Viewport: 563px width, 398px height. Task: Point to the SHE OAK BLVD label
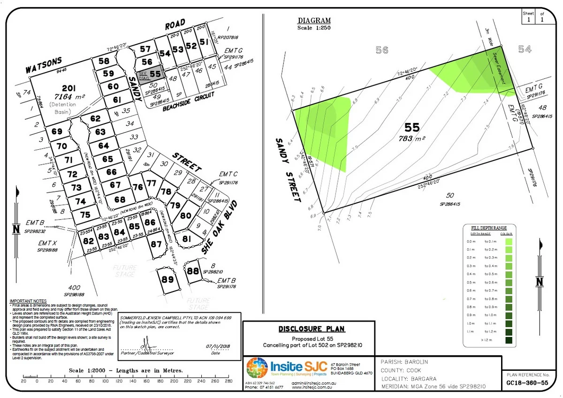pos(220,228)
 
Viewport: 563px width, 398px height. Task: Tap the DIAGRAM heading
pos(314,21)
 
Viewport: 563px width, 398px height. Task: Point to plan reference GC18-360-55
pos(527,383)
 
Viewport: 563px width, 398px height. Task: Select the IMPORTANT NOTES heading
pos(28,301)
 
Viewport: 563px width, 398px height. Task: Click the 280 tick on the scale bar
pos(229,381)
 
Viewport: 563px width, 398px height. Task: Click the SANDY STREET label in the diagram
pos(287,169)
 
